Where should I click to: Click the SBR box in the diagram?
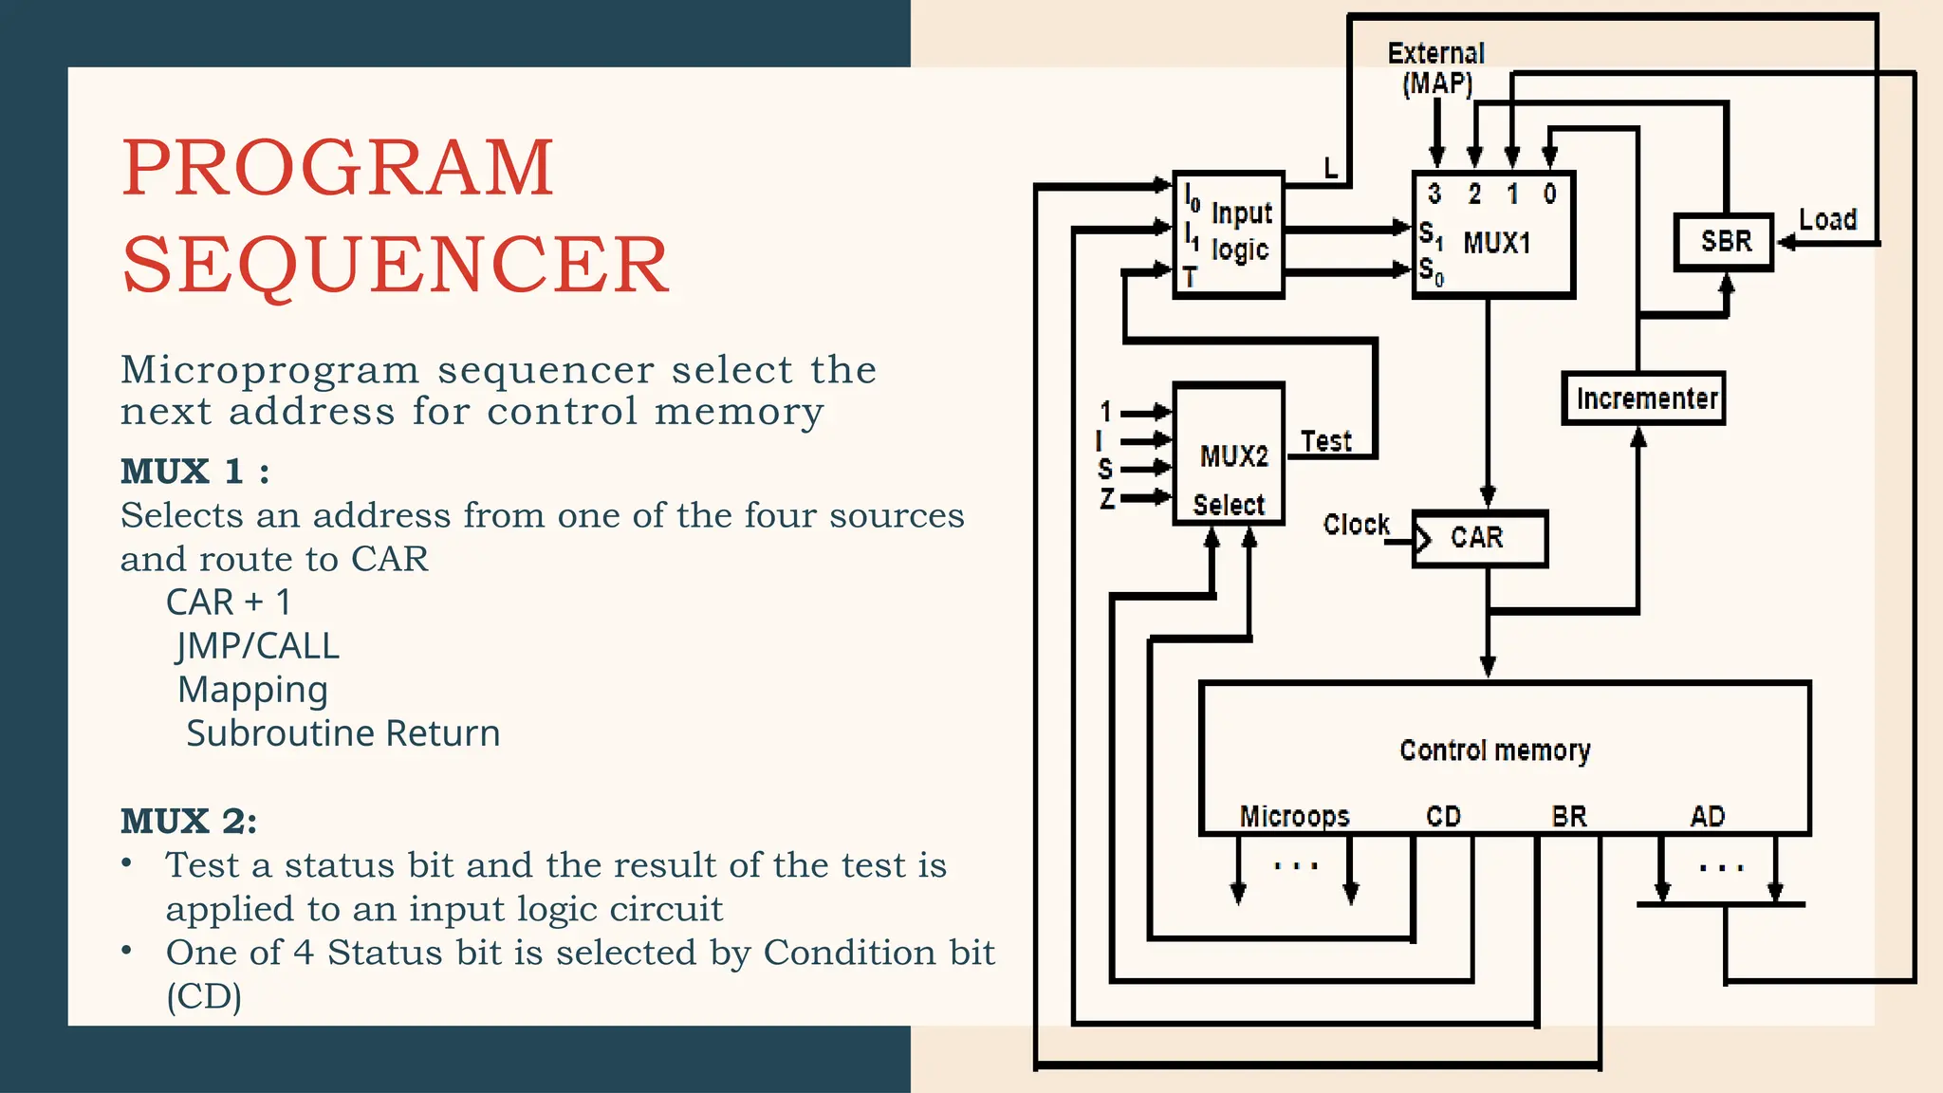point(1724,242)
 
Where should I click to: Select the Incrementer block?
point(1644,398)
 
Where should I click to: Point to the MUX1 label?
point(1497,243)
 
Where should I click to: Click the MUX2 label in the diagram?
point(1233,456)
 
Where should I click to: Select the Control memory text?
point(1494,750)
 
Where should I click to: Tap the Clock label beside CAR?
point(1356,525)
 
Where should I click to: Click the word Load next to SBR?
point(1827,220)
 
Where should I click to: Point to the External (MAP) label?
point(1436,68)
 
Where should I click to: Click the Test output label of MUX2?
point(1325,441)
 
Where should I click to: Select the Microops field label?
point(1294,816)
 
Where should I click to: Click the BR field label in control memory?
point(1568,816)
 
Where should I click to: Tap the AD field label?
point(1707,816)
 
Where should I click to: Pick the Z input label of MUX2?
point(1106,498)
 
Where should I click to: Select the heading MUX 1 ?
point(194,472)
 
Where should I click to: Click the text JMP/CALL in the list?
point(257,646)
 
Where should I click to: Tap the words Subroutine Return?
point(342,733)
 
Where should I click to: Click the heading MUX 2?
point(188,822)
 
